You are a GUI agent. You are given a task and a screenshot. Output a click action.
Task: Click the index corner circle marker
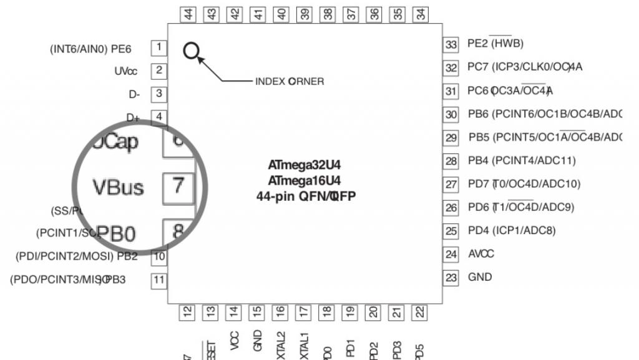click(x=191, y=51)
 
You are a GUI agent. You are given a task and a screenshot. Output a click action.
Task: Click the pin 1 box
click(x=159, y=47)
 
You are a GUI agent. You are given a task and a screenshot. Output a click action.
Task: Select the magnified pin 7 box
click(x=178, y=186)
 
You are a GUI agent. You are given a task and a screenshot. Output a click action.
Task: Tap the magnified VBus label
click(x=118, y=187)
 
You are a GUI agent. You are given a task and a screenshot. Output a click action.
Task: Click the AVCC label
click(x=481, y=254)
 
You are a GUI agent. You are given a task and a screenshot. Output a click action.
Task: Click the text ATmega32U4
click(x=305, y=165)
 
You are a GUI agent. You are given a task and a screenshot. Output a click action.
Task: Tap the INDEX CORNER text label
click(x=290, y=82)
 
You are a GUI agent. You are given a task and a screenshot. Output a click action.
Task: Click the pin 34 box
click(x=421, y=14)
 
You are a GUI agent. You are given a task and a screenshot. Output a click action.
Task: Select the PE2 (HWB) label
click(x=495, y=44)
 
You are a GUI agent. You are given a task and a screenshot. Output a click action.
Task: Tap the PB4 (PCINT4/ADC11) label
click(x=522, y=160)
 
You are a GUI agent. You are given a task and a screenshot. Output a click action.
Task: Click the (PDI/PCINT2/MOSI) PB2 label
click(x=76, y=256)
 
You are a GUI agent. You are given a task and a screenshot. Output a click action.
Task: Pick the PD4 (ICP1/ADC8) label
click(x=511, y=230)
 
